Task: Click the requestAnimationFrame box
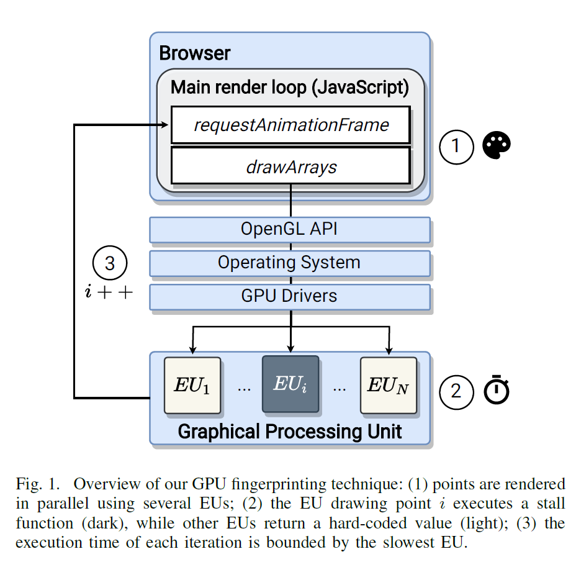(291, 125)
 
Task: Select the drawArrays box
(291, 166)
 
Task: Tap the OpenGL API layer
(290, 229)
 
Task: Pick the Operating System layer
(290, 263)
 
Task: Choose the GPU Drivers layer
(290, 297)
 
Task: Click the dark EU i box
(290, 384)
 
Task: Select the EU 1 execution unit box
(192, 385)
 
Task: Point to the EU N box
(389, 385)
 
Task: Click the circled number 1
(456, 147)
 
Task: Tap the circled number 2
(456, 392)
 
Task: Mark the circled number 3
(110, 263)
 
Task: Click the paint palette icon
(497, 145)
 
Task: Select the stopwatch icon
(497, 389)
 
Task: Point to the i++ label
(109, 292)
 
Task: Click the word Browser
(194, 53)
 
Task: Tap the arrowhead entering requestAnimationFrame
(164, 125)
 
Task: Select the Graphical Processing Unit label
(290, 432)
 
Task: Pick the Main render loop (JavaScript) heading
(290, 88)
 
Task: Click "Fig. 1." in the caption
(38, 484)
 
